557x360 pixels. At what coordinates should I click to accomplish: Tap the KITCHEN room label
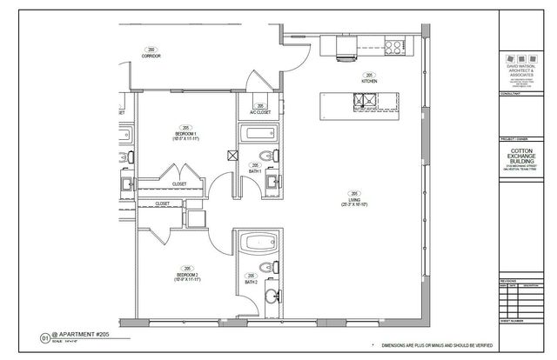click(x=368, y=80)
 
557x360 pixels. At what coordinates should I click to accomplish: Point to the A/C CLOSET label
click(x=259, y=110)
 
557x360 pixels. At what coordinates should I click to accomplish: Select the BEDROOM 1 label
click(x=184, y=135)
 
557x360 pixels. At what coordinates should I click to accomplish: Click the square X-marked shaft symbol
click(x=232, y=157)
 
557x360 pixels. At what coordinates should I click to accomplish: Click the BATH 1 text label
click(x=255, y=169)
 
